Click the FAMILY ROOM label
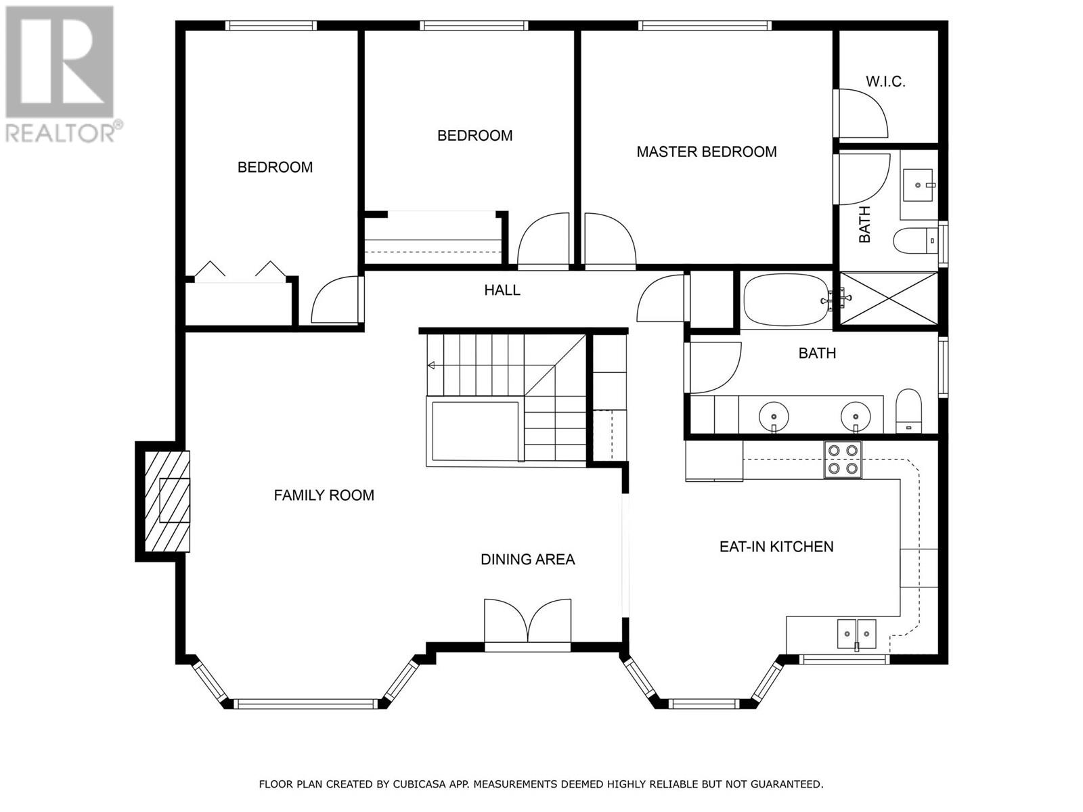pyautogui.click(x=324, y=495)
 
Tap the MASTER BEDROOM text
pyautogui.click(x=706, y=152)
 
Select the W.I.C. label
pyautogui.click(x=885, y=82)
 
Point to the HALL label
pyautogui.click(x=502, y=290)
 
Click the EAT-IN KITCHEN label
pyautogui.click(x=776, y=547)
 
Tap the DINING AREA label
pyautogui.click(x=527, y=560)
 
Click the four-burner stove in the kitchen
pyautogui.click(x=843, y=459)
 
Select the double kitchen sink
pyautogui.click(x=857, y=634)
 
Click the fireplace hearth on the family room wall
pyautogui.click(x=167, y=501)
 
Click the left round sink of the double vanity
pyautogui.click(x=773, y=414)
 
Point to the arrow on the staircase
pyautogui.click(x=431, y=366)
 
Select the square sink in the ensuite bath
pyautogui.click(x=919, y=183)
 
